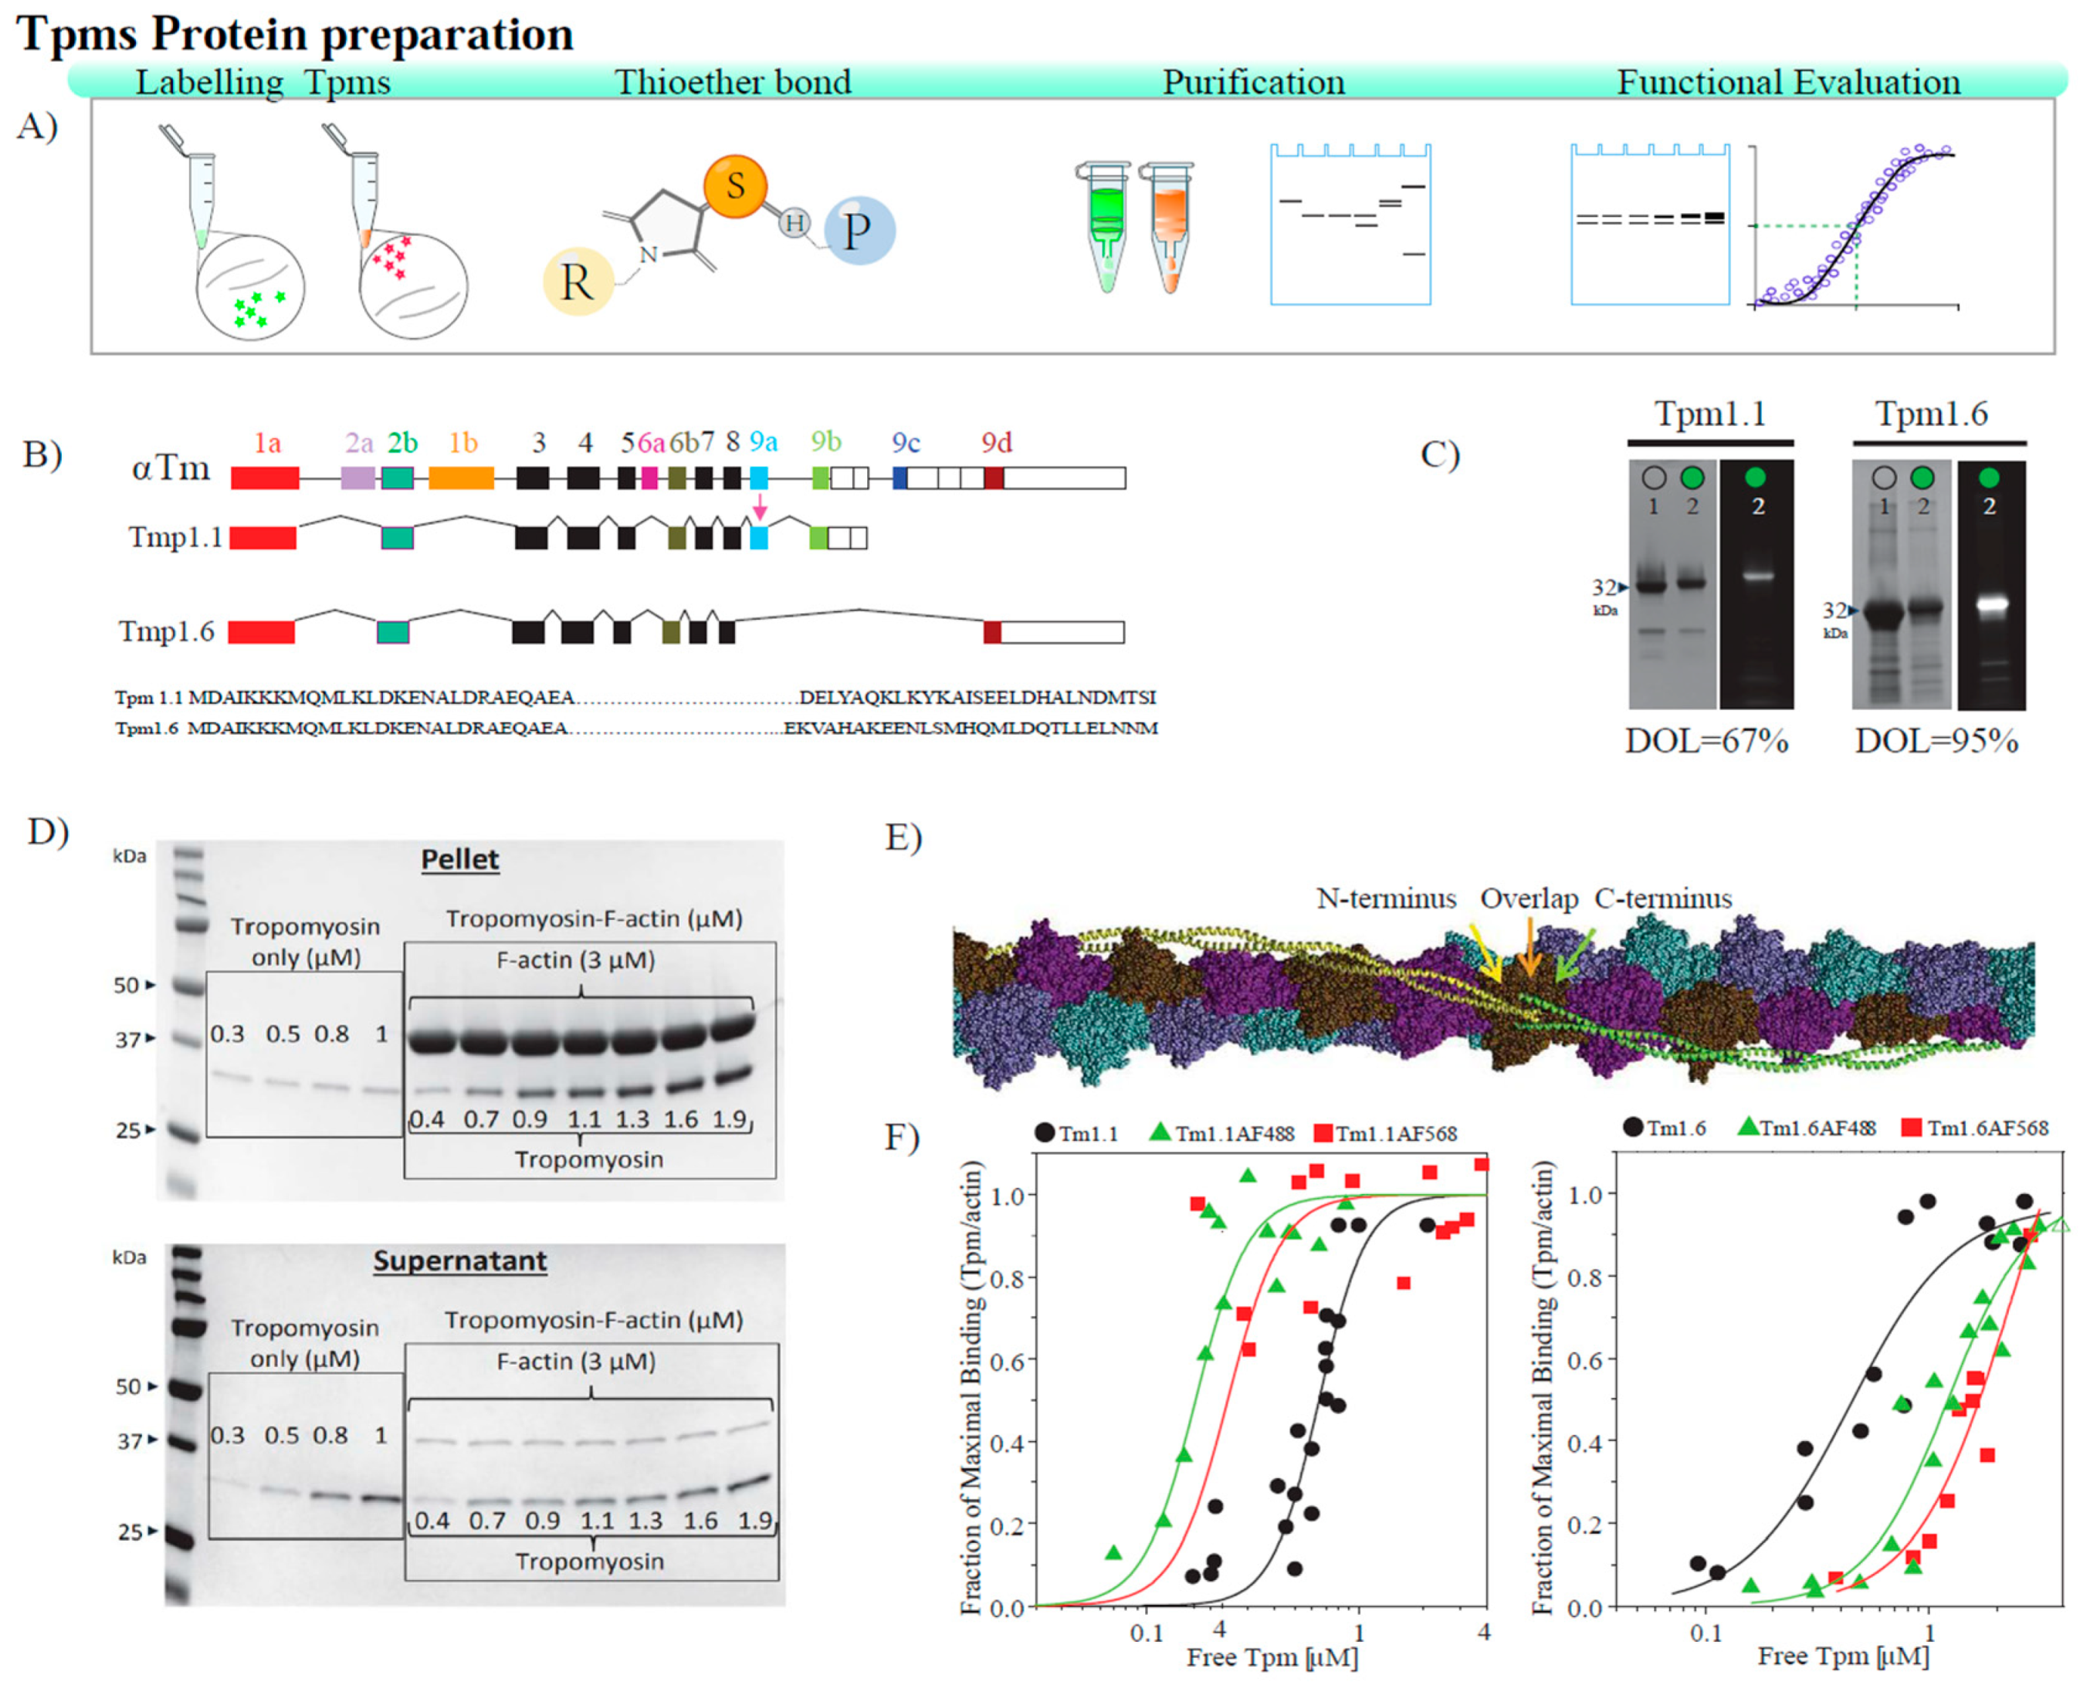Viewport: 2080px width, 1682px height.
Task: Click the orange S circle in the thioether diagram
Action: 735,185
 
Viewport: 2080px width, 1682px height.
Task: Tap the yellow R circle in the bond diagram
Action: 578,282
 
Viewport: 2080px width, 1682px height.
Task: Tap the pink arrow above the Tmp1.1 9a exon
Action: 760,506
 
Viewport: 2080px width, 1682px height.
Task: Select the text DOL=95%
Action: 1936,741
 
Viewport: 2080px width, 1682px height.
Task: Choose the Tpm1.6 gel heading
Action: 1931,414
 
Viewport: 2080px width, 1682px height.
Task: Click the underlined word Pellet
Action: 459,859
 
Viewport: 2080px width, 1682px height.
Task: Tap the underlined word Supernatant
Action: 459,1261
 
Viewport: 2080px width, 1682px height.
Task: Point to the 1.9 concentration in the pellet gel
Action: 729,1119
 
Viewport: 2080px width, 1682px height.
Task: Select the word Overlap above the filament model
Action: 1529,899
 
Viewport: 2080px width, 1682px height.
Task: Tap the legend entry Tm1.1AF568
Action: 1396,1134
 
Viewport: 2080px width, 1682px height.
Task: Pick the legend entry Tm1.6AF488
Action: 1817,1128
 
